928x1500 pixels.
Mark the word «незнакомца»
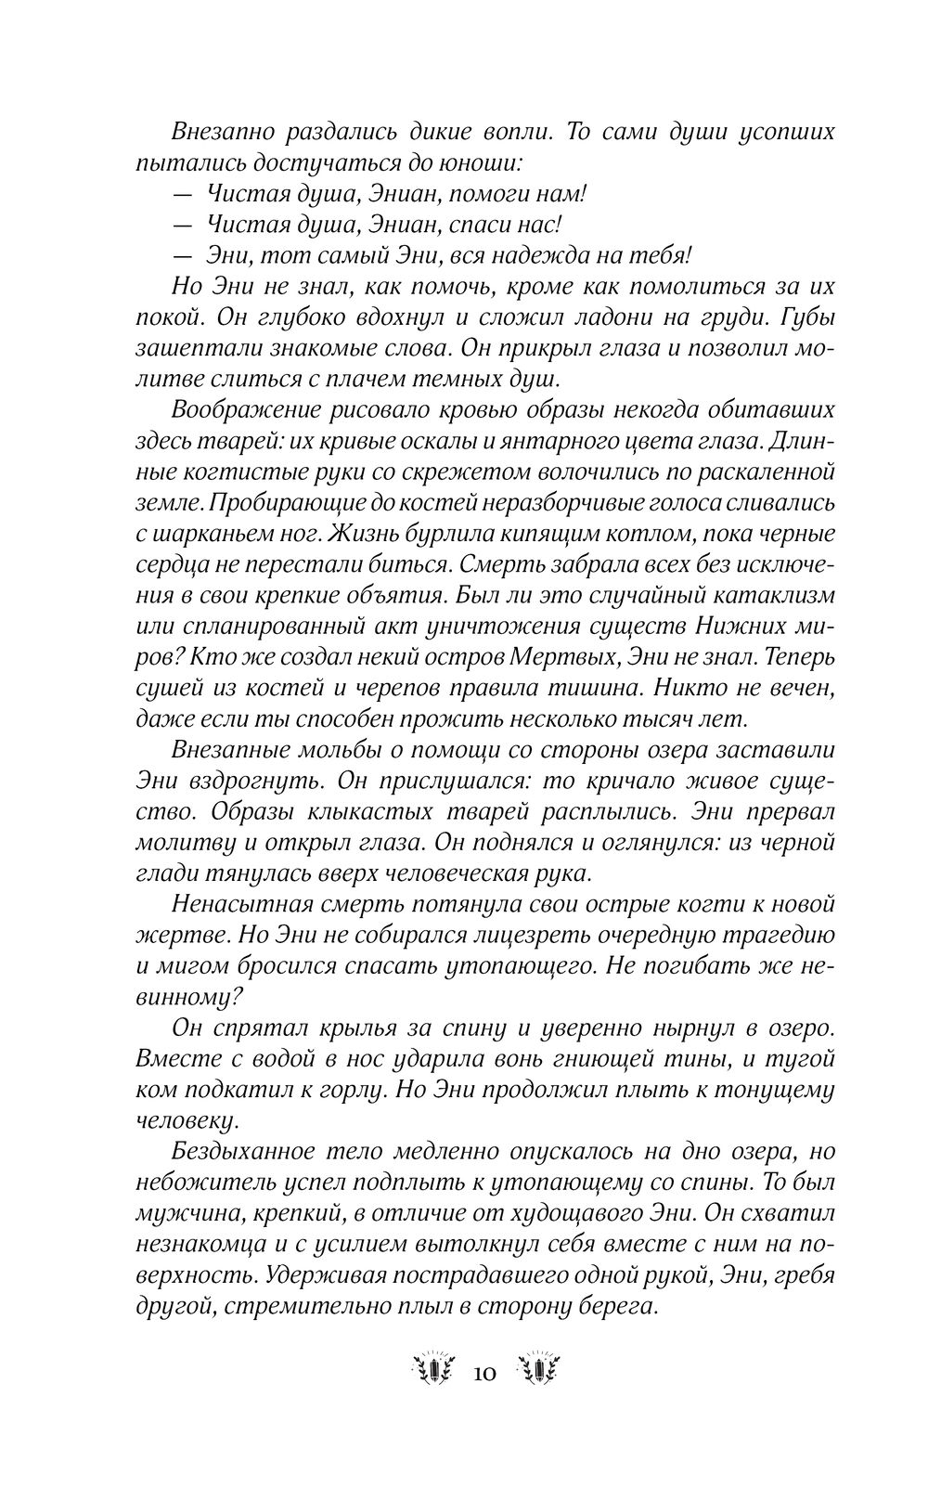(197, 1241)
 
